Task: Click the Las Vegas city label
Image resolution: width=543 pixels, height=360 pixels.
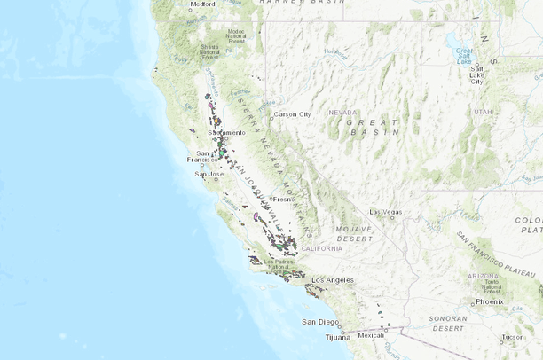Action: (386, 212)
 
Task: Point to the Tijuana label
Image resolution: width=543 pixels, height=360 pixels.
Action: (338, 337)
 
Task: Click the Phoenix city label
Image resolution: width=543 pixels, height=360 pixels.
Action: (489, 301)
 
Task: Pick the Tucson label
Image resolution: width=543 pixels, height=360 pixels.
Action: (512, 337)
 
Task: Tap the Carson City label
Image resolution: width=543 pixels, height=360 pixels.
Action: (293, 114)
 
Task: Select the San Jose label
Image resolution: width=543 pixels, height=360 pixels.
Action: (209, 174)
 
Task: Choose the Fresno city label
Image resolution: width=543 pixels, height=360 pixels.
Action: (284, 199)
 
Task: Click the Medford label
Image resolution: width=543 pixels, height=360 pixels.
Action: (203, 4)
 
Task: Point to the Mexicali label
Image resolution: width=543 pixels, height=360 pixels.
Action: (372, 335)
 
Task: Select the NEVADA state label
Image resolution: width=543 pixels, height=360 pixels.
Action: (343, 113)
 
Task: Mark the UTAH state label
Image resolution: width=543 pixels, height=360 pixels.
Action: (482, 112)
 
